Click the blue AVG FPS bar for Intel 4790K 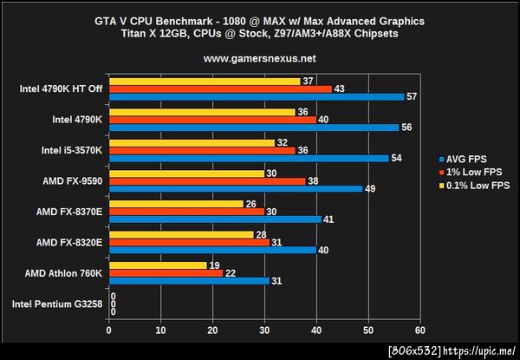tap(253, 127)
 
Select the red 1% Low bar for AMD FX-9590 tap(207, 181)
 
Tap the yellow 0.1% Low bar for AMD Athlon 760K tap(158, 265)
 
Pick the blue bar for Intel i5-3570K tap(248, 157)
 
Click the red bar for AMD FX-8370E tap(186, 212)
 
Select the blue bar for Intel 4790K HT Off tap(257, 96)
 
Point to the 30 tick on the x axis tap(264, 330)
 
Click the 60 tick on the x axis tap(420, 330)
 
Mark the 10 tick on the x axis tap(160, 330)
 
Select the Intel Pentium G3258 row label tap(57, 304)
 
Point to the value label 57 tap(413, 96)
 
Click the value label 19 tap(214, 265)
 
